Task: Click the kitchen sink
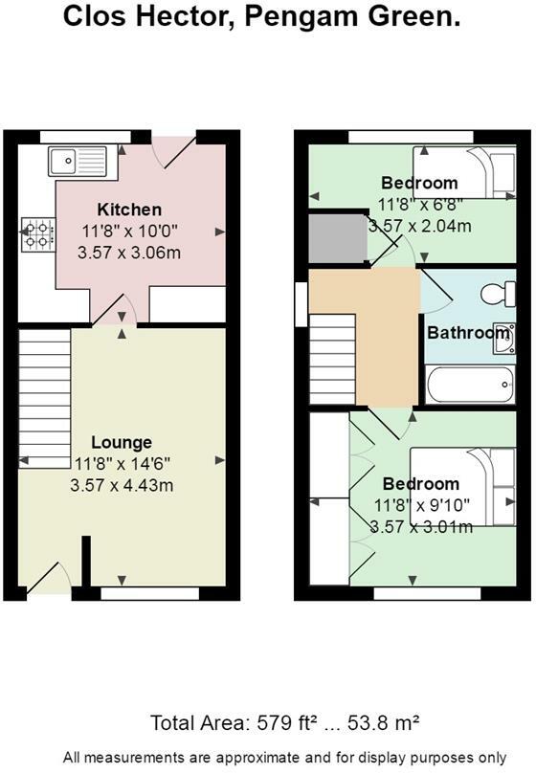point(78,162)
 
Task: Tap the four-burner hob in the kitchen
point(37,234)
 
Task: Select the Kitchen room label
point(129,210)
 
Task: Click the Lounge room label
point(122,442)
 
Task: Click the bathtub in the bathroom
point(470,385)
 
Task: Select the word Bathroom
point(468,333)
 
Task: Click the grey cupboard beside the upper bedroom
point(338,238)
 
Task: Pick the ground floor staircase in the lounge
point(44,398)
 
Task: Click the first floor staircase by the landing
point(332,360)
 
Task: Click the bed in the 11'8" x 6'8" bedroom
point(464,172)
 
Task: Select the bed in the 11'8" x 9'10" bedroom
point(463,487)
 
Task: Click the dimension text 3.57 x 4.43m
point(122,486)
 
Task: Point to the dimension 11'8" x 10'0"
point(129,232)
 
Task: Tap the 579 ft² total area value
point(287,723)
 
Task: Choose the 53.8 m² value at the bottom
point(383,723)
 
